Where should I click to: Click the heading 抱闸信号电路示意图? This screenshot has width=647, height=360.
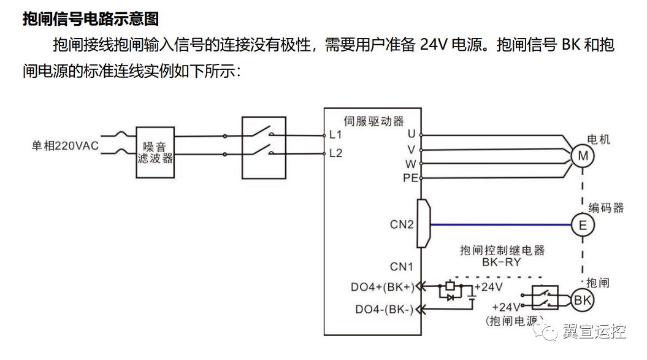[x=91, y=19]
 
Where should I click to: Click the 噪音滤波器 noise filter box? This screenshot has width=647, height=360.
[x=155, y=152]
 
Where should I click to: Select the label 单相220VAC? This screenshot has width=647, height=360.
[x=65, y=146]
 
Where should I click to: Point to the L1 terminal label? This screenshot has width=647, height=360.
[x=335, y=135]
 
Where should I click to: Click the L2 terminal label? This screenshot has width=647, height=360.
[x=335, y=153]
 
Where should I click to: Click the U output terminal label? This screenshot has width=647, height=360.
[x=411, y=134]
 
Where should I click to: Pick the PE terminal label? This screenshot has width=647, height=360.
[x=410, y=178]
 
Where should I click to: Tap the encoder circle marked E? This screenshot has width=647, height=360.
[x=583, y=225]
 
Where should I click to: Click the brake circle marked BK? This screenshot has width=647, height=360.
[x=581, y=300]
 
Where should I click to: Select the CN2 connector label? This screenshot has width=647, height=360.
[x=402, y=224]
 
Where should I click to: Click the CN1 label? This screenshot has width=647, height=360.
[x=402, y=267]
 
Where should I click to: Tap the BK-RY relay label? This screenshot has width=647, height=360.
[x=502, y=261]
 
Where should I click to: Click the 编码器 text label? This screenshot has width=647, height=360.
[x=606, y=207]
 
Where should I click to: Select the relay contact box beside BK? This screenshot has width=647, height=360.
[x=545, y=299]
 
